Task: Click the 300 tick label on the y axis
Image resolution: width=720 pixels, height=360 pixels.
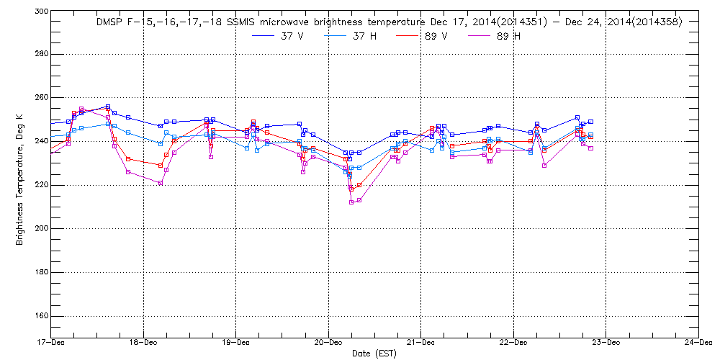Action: click(40, 12)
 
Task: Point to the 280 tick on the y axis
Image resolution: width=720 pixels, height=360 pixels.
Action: click(40, 54)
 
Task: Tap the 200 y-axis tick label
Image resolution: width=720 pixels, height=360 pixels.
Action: click(40, 228)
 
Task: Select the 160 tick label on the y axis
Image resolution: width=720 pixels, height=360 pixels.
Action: click(40, 315)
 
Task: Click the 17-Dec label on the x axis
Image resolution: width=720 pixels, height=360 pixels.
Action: click(51, 342)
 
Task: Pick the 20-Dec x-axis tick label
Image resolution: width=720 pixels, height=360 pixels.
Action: click(328, 342)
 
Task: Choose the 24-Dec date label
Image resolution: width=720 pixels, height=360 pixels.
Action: click(698, 342)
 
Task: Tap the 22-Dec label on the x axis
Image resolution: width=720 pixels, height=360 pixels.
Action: click(513, 342)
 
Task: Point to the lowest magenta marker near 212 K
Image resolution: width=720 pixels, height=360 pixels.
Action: click(351, 202)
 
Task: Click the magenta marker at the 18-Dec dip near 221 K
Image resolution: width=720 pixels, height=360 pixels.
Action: click(160, 183)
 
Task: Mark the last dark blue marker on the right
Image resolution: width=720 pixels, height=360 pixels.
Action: click(590, 122)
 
